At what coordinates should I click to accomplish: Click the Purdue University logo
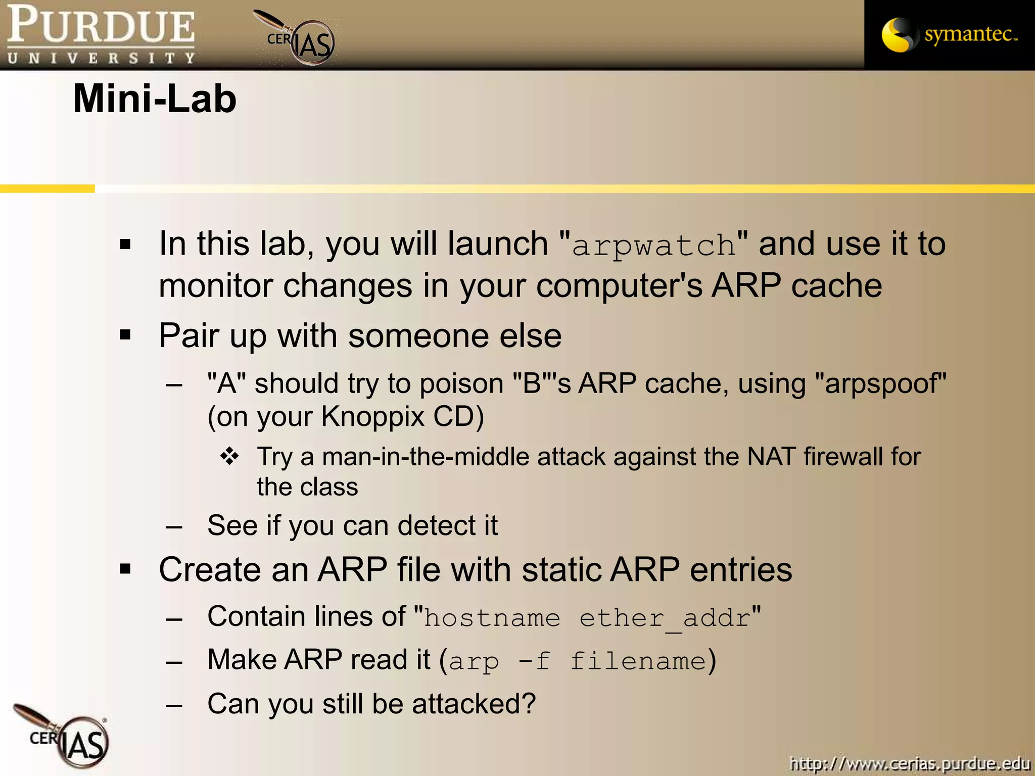tap(101, 34)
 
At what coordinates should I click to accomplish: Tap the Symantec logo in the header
tap(949, 34)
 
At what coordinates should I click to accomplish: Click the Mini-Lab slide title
tap(155, 99)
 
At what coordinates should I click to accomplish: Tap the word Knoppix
tap(373, 417)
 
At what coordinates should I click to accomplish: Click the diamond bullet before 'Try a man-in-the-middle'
tap(229, 456)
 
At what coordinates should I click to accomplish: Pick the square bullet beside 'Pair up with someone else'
tap(125, 334)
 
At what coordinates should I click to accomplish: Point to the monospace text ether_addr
tap(665, 618)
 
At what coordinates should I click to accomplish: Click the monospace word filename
tap(638, 661)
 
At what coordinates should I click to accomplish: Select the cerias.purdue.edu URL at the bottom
tap(910, 764)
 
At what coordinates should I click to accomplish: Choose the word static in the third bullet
tap(561, 570)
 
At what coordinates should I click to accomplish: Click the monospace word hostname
tap(492, 618)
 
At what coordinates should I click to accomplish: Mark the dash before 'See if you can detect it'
tap(174, 526)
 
